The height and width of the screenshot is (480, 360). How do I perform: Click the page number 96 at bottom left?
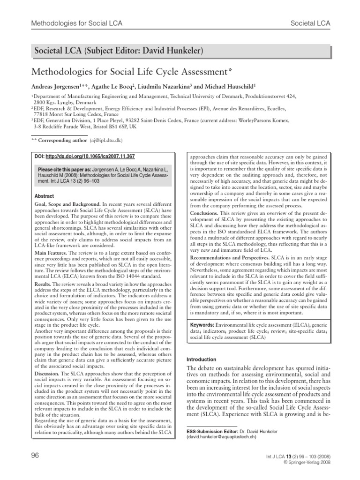click(35, 456)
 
